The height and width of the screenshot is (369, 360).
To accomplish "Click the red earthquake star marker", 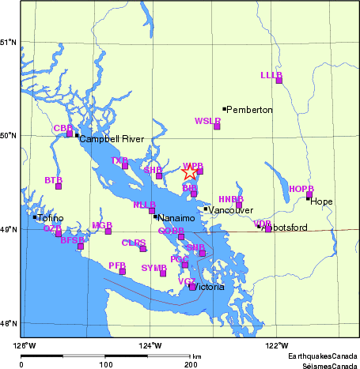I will click(190, 172).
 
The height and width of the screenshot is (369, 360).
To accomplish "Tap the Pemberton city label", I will click(251, 110).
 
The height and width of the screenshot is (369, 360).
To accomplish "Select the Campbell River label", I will click(112, 139).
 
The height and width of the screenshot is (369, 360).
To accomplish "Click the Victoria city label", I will click(213, 287).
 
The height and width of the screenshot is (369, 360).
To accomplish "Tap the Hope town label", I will click(321, 201).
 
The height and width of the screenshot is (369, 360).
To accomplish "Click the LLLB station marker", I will click(279, 80).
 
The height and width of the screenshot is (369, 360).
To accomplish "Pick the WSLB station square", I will click(217, 126).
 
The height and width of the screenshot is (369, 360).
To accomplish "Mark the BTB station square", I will click(59, 186).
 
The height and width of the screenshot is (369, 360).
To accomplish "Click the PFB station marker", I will click(123, 272).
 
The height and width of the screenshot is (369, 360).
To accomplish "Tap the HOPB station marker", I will click(309, 194).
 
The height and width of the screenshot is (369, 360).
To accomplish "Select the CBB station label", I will click(63, 128).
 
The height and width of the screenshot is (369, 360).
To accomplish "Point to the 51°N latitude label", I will click(9, 42).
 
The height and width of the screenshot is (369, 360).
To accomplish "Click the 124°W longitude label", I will click(151, 345).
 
